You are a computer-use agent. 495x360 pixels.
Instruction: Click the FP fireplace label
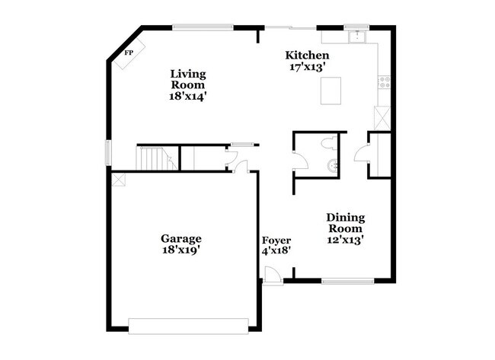tap(129, 53)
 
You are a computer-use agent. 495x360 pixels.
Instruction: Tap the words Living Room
tap(188, 80)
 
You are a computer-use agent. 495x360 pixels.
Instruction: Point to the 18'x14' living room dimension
tap(188, 97)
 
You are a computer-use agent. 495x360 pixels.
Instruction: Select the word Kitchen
tap(307, 56)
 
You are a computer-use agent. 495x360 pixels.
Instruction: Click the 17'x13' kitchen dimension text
tap(307, 67)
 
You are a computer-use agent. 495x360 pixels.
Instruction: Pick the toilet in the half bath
tap(328, 143)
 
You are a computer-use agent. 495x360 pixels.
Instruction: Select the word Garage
tap(180, 237)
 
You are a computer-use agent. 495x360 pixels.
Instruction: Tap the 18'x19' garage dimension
tap(180, 250)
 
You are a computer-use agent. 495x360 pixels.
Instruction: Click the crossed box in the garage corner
tap(117, 180)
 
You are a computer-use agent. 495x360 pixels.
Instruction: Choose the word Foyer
tap(276, 240)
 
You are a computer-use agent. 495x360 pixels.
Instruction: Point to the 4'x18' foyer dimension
tap(276, 250)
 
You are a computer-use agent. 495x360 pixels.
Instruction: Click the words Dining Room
tap(345, 222)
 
